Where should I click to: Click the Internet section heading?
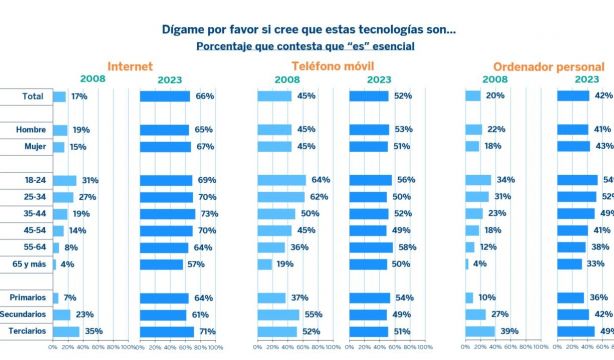click(x=130, y=65)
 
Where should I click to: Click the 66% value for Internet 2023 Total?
click(x=204, y=96)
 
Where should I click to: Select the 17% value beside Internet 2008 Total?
click(x=78, y=96)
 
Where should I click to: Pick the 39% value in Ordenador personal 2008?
click(x=508, y=331)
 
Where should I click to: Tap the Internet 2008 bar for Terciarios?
click(x=65, y=331)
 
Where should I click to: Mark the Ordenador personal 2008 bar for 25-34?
click(x=477, y=197)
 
